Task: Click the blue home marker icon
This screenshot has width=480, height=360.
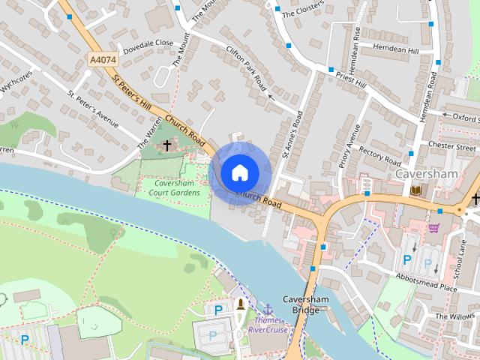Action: click(x=239, y=172)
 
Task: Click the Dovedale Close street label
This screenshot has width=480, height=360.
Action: click(x=148, y=46)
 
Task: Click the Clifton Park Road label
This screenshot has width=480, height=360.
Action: click(x=247, y=68)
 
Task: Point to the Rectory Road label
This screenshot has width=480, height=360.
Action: click(x=380, y=154)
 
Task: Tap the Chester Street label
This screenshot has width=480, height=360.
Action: click(x=451, y=146)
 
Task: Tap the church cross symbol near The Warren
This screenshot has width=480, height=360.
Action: click(x=167, y=145)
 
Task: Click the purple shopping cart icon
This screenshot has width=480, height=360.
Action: click(x=434, y=227)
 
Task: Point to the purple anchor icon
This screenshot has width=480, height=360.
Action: click(x=267, y=308)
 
